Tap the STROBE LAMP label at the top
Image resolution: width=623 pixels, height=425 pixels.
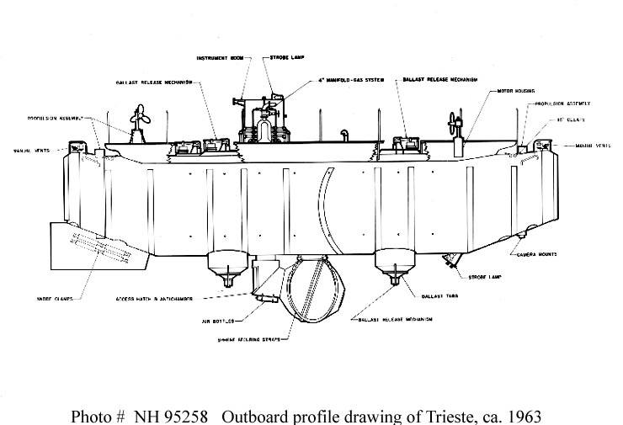pos(284,58)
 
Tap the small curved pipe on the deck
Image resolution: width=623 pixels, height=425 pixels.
pos(343,135)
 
